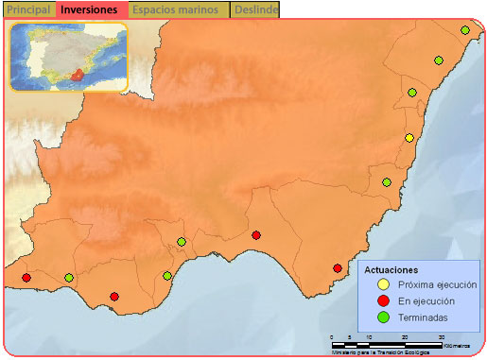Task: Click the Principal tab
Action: coord(28,9)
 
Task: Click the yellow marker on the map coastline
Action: coord(409,138)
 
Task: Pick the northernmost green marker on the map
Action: coord(465,30)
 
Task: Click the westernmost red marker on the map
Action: coord(26,277)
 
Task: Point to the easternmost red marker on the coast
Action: coord(338,268)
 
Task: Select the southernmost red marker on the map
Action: coord(114,297)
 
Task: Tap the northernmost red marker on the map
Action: coord(256,235)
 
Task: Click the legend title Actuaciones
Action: coord(391,269)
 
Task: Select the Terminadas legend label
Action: coord(423,317)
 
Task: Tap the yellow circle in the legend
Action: coord(382,283)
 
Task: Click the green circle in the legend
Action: coord(382,317)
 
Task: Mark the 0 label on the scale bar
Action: coord(332,337)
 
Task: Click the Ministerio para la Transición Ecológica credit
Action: coord(379,351)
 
